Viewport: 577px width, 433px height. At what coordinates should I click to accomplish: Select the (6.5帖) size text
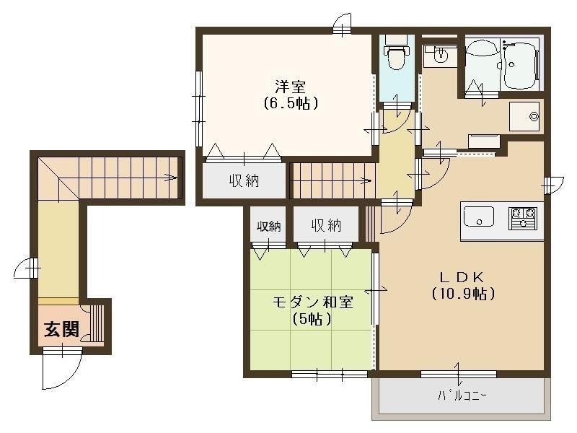[290, 103]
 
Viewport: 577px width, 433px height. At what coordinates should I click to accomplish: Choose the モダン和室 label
[312, 302]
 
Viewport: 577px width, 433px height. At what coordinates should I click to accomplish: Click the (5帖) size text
[312, 318]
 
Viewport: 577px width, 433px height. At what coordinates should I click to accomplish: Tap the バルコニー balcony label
[462, 395]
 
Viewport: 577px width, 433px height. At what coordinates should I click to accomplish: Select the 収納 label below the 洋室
[245, 180]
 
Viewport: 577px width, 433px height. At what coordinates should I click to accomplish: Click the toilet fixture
[395, 56]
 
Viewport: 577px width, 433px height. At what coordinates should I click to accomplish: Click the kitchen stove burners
[524, 216]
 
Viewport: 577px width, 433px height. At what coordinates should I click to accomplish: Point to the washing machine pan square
[525, 116]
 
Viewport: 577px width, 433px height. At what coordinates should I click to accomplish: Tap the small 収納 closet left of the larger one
[270, 225]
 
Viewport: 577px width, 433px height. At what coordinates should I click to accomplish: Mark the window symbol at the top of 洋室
[343, 25]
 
